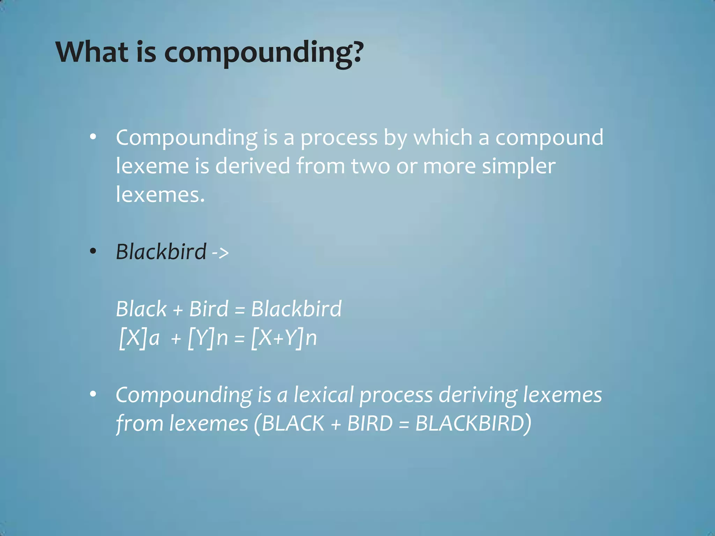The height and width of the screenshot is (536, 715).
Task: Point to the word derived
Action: coord(252,166)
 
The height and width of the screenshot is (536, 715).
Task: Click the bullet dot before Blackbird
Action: coord(93,251)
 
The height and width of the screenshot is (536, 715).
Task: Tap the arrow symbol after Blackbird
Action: coord(220,252)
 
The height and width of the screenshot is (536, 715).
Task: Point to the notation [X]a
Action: coord(139,338)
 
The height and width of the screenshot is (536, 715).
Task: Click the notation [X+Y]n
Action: coord(284,338)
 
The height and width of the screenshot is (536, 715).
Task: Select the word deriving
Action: coord(478,396)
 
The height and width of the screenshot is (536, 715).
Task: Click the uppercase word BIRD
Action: coord(370,424)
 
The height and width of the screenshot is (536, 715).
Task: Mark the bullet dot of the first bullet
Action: coord(93,137)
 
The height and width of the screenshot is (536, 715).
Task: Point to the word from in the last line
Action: coord(139,424)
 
